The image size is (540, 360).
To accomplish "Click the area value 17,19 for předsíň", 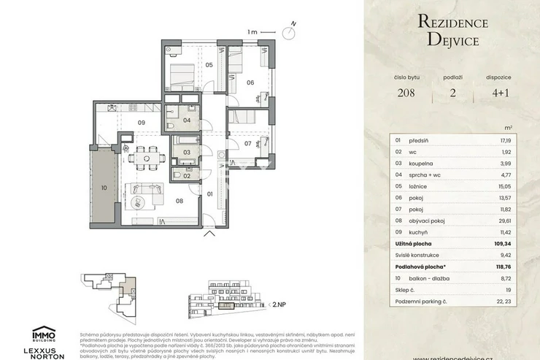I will [x=504, y=139].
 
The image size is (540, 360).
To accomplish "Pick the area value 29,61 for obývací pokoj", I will [x=504, y=218].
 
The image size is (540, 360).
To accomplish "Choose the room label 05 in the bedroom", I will [x=208, y=66].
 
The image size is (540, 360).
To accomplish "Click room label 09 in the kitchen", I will [x=142, y=122].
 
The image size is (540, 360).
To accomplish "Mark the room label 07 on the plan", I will [x=247, y=143].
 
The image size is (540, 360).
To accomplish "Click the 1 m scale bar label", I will [x=252, y=32].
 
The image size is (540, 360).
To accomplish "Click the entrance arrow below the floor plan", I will [x=211, y=234].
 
